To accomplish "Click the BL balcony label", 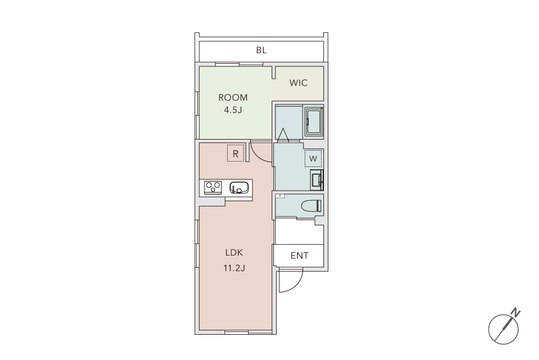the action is pos(261,50).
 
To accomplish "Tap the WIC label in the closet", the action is pos(298,83).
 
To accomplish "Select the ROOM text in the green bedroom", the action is pos(233,98).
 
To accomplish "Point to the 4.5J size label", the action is pos(233,110).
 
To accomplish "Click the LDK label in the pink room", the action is pos(234,253).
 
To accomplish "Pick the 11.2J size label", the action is pos(234,268).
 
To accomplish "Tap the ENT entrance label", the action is pos(299,256).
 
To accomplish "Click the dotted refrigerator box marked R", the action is pos(235,153).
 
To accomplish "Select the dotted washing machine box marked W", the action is pos(313,158).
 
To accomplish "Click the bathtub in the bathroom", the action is pos(314,121).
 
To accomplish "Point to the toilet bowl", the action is pos(311,206).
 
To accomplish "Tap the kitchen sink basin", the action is pos(239,188).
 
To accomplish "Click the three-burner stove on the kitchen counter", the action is pos(213,187).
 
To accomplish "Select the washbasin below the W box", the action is pos(317,180).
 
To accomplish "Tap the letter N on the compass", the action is pos(515,313).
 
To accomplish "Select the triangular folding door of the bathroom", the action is pos(283,134).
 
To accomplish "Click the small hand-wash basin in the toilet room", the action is pos(280,196).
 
